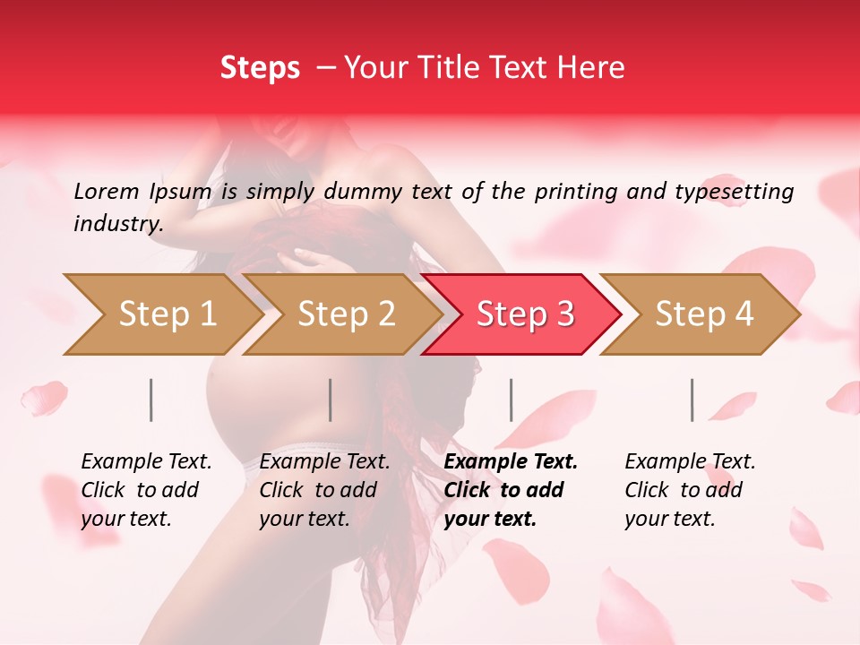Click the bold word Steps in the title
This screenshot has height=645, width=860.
pos(260,68)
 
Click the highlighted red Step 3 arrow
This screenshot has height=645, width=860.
pos(522,314)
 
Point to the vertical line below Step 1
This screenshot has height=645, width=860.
pos(151,400)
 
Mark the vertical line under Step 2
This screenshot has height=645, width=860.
pos(331,400)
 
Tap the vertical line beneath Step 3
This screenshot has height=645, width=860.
pos(512,400)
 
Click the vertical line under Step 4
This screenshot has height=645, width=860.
pos(692,400)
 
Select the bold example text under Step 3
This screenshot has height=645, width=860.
pos(511,490)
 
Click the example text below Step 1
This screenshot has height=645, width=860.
pos(146,490)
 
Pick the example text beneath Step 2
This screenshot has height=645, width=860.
pos(324,490)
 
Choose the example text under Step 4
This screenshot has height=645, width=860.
pos(690,490)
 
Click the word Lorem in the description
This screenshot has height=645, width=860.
pos(107,191)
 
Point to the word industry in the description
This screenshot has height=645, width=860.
pos(118,223)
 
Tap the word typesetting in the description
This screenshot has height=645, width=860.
pos(734,191)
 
